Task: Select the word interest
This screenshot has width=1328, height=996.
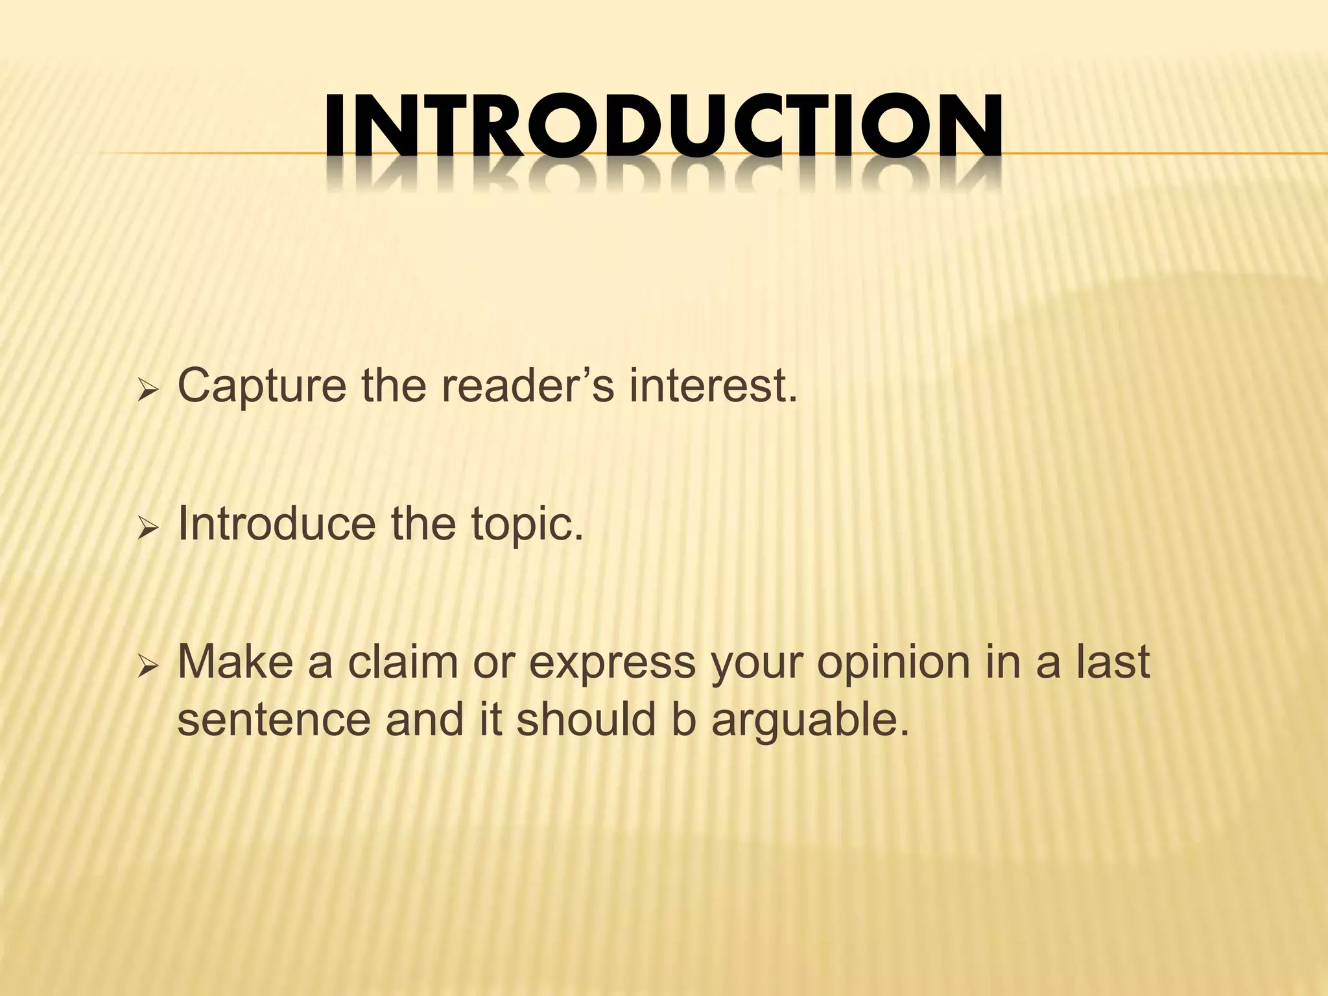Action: [713, 386]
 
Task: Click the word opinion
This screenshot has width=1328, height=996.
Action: [895, 663]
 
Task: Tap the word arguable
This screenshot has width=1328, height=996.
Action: [808, 720]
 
